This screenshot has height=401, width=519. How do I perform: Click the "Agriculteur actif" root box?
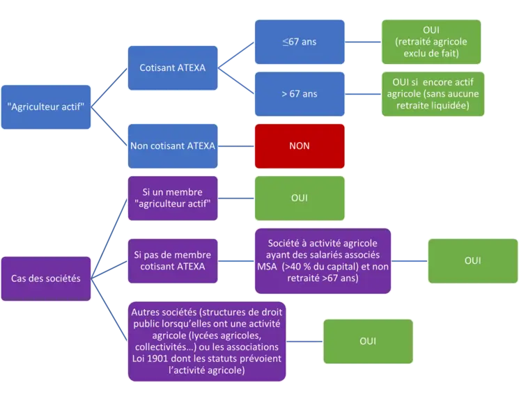click(46, 107)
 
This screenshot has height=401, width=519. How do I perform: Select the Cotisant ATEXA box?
click(173, 68)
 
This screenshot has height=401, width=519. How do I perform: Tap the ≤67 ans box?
click(300, 42)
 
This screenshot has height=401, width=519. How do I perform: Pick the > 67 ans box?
click(300, 94)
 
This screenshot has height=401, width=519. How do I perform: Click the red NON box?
click(300, 146)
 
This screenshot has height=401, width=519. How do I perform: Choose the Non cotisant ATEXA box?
click(173, 146)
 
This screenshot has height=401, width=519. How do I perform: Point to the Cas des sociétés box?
click(46, 278)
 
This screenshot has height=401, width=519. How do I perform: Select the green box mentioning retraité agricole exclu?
click(431, 42)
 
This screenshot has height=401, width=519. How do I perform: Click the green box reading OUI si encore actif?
click(433, 94)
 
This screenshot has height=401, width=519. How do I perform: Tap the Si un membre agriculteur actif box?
click(173, 198)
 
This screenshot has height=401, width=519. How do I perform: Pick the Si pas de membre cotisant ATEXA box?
click(173, 260)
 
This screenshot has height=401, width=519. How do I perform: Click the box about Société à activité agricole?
click(323, 260)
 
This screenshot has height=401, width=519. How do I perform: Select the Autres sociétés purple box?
click(207, 341)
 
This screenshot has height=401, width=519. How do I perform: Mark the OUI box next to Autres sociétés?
click(368, 341)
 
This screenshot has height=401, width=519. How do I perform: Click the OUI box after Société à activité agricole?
click(472, 260)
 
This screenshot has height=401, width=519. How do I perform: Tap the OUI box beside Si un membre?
click(300, 198)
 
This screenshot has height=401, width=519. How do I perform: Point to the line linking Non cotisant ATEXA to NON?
click(236, 146)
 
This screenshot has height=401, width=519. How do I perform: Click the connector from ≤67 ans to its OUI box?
click(363, 42)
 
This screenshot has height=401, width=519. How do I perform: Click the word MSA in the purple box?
click(267, 267)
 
